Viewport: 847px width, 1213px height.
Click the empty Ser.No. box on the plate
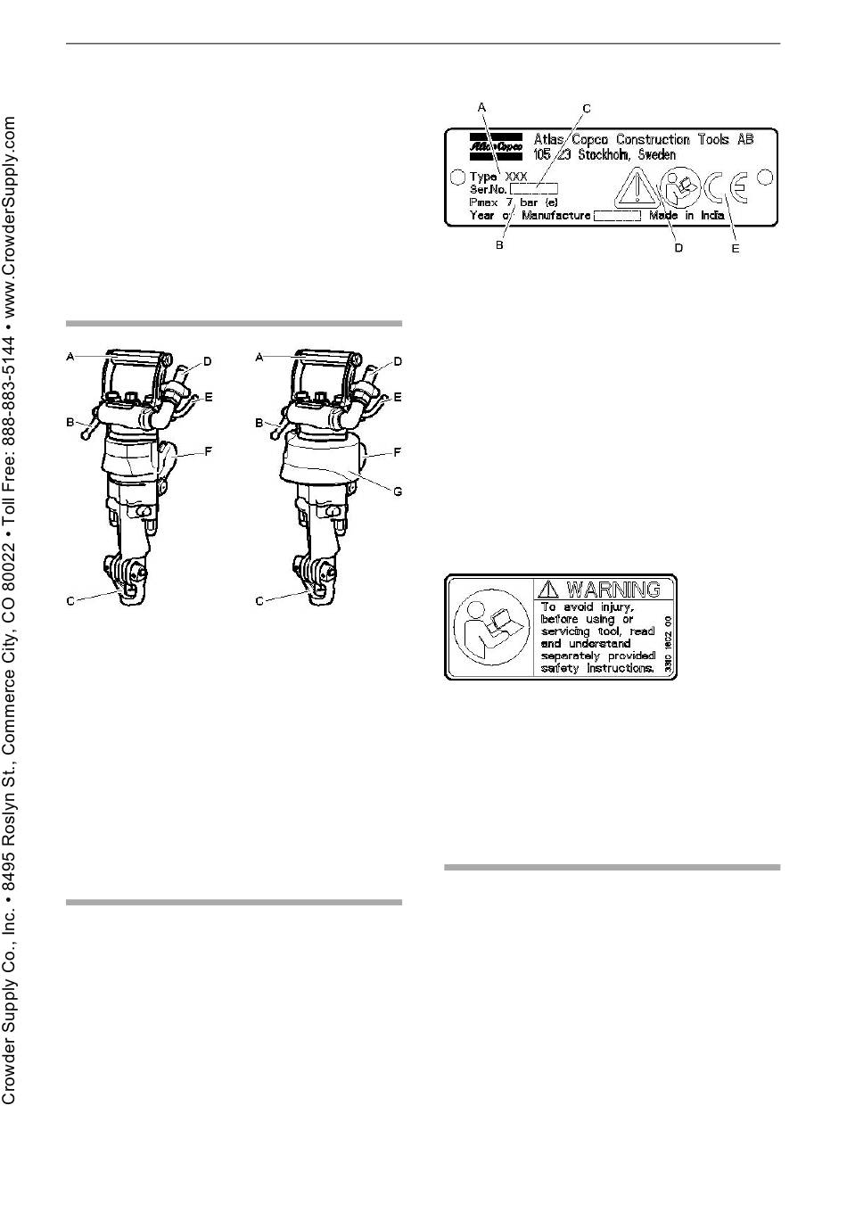pos(534,189)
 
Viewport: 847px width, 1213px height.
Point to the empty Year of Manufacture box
pos(617,215)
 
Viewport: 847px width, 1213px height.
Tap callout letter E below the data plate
pos(736,248)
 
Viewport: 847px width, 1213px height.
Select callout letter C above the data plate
pos(587,109)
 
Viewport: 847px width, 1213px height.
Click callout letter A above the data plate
pos(482,107)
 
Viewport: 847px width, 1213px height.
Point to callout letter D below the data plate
pos(678,248)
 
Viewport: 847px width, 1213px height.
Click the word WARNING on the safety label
pos(613,590)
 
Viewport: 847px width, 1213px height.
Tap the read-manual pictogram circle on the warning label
pos(486,627)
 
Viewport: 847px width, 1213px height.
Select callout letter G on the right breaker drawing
pos(398,491)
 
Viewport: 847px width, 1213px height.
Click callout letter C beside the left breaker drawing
pos(70,601)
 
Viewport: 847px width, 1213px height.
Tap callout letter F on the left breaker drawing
pos(208,451)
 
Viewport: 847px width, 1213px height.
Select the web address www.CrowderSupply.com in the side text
pos(11,218)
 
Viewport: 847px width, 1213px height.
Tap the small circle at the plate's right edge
pos(764,177)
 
